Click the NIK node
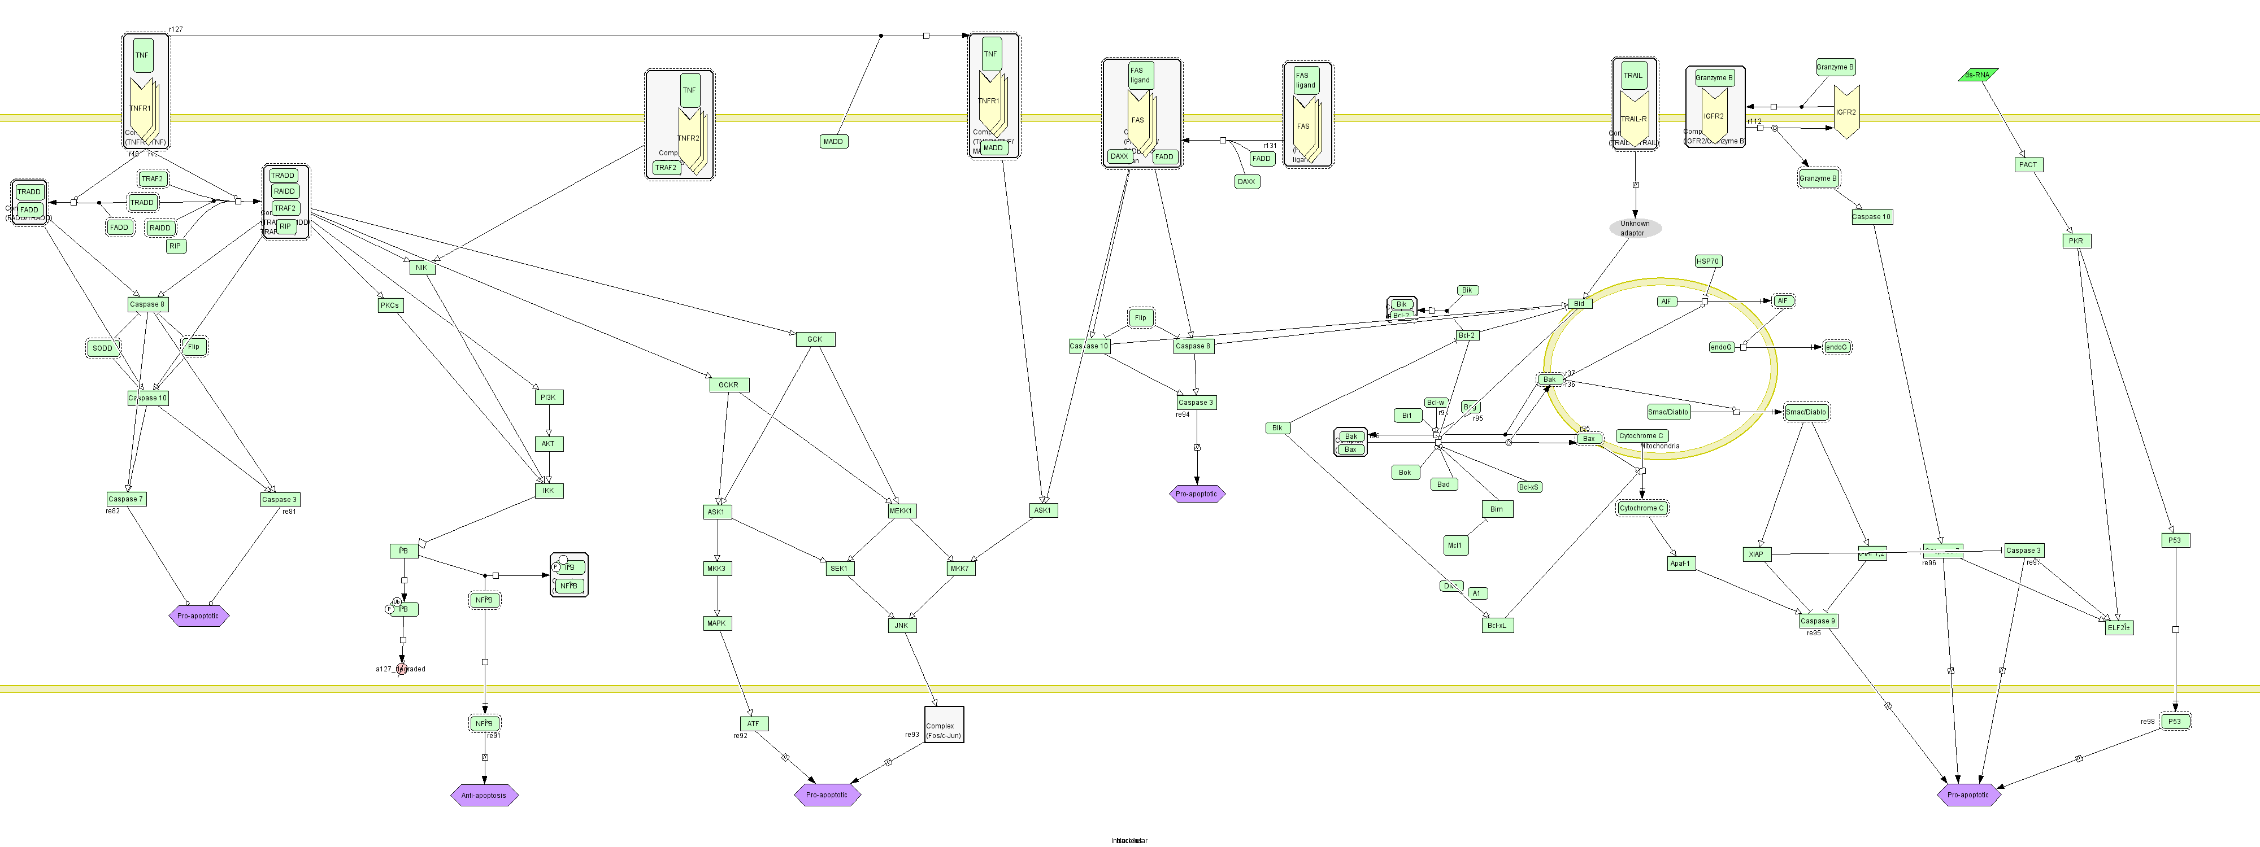(x=422, y=268)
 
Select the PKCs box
(x=389, y=305)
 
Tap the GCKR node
(x=728, y=385)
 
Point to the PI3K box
(x=548, y=397)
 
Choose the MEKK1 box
(x=901, y=510)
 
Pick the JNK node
(x=901, y=625)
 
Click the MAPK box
(x=717, y=623)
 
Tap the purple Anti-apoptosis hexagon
(x=484, y=795)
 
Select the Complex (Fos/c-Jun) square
(x=944, y=724)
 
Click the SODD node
(x=103, y=348)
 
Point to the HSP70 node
(x=1708, y=261)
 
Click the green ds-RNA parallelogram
(x=1977, y=76)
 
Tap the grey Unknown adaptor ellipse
(x=1635, y=228)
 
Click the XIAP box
(x=1755, y=554)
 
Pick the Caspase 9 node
(x=1817, y=621)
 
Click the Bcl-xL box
(x=1497, y=625)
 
